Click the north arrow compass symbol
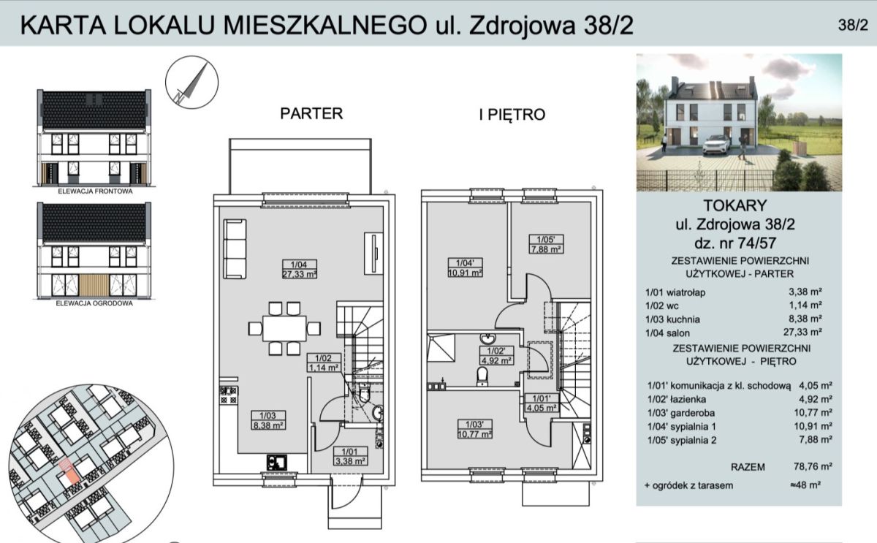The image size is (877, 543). [x=191, y=82]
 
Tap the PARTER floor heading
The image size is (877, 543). [x=311, y=113]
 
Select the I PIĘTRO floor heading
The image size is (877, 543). [x=512, y=114]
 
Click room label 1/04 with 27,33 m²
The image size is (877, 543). [x=300, y=269]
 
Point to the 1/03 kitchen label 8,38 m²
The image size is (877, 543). [x=267, y=420]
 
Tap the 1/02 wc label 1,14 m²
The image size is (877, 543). [x=323, y=362]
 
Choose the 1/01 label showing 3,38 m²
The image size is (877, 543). [x=350, y=456]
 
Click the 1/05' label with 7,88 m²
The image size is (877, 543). [x=546, y=244]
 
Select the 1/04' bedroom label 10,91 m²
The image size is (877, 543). [x=465, y=267]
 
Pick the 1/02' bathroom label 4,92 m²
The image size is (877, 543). [x=497, y=355]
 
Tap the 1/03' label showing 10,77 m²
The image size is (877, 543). [x=475, y=429]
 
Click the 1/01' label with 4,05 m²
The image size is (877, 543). [x=542, y=403]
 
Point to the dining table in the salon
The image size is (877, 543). [x=284, y=328]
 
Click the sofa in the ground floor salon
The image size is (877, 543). [x=235, y=249]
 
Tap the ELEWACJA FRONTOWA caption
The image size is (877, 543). [x=95, y=191]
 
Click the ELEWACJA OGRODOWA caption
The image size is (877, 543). [x=94, y=303]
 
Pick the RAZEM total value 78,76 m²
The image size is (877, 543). [x=813, y=466]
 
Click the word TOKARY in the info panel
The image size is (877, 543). [x=735, y=205]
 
